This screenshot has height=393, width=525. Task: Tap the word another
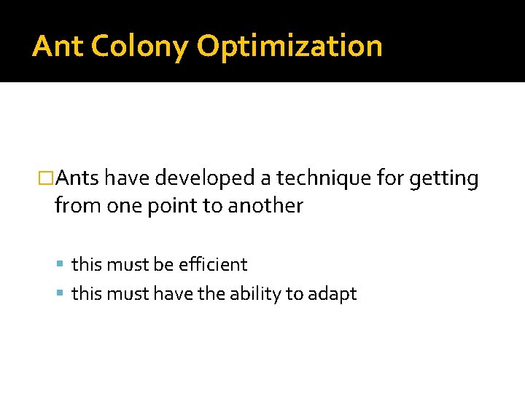click(265, 206)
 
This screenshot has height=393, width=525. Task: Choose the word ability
click(256, 294)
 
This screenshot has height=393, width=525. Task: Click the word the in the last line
click(211, 293)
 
